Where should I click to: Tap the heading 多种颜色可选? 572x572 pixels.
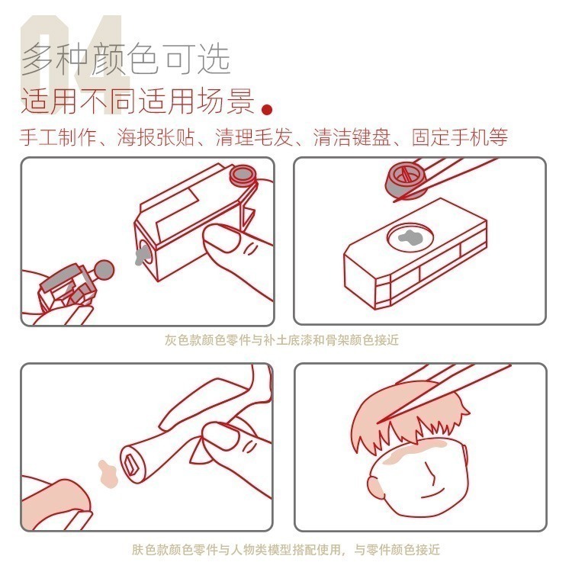point(126,59)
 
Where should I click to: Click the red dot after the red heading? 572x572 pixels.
point(267,108)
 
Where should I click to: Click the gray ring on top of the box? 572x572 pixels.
point(243,176)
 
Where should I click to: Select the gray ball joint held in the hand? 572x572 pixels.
point(104,268)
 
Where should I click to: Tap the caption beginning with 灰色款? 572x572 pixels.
point(281,340)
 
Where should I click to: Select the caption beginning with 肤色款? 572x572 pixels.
point(285,549)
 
